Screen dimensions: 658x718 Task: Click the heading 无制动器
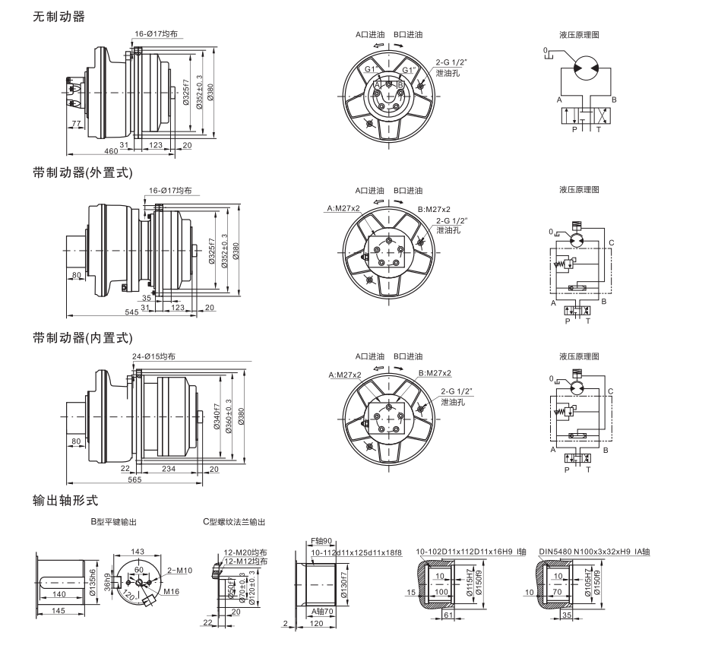tap(59, 16)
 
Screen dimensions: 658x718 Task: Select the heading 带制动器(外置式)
tap(82, 173)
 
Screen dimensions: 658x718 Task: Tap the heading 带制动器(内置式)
tap(82, 337)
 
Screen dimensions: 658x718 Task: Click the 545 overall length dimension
tap(131, 312)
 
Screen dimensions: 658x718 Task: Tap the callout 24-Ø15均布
tap(153, 356)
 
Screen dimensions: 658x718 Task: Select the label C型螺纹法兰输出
tap(234, 523)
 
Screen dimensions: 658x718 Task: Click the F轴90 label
tap(321, 542)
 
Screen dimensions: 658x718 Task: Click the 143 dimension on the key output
tap(138, 552)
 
